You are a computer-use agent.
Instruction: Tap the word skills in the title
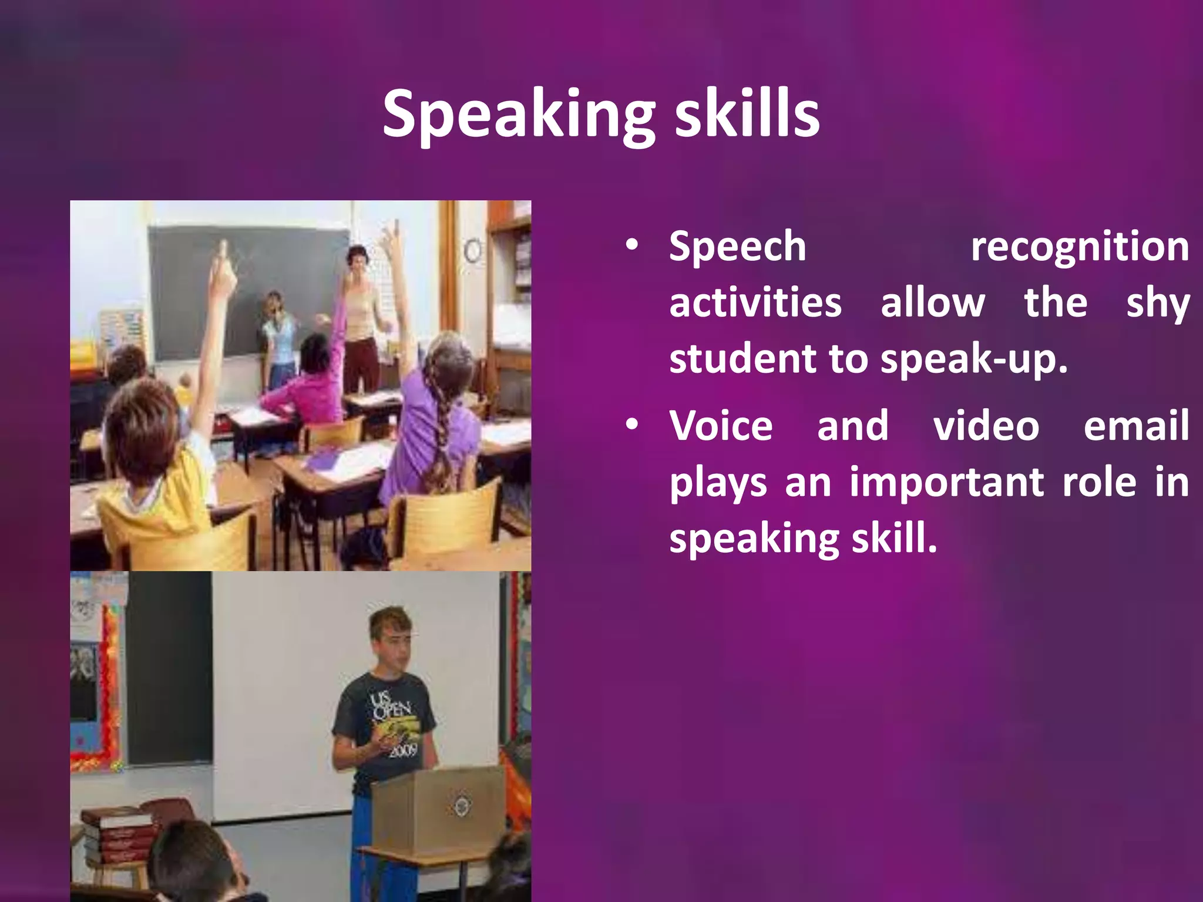pos(747,115)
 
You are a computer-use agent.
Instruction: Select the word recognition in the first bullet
pos(1080,247)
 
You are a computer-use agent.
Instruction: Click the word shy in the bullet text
pos(1157,304)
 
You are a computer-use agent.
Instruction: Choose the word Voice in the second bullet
pos(721,425)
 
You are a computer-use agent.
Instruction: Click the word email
pos(1136,425)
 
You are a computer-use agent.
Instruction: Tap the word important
pos(946,482)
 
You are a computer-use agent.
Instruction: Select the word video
pos(986,425)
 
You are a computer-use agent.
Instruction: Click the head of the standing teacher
pos(357,259)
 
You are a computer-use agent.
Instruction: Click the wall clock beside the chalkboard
pos(473,251)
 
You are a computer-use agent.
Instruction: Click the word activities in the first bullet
pos(755,304)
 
